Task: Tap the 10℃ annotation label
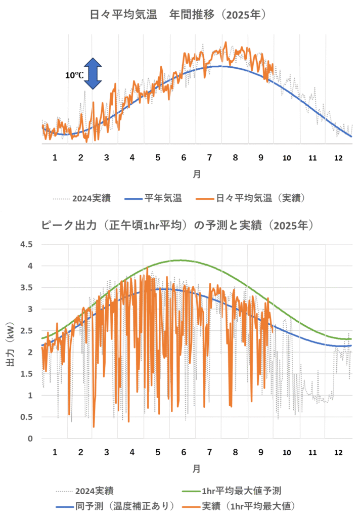coord(75,75)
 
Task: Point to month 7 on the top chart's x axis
coord(209,157)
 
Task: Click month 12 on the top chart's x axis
coord(338,157)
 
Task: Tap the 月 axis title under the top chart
coord(197,174)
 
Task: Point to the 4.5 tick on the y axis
coord(26,244)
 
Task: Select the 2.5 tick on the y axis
coord(26,331)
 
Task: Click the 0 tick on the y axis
coord(30,439)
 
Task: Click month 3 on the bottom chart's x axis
coord(106,451)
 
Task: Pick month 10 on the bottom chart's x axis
coord(287,451)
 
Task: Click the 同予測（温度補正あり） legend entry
coord(117,505)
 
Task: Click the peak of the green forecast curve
coord(181,260)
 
